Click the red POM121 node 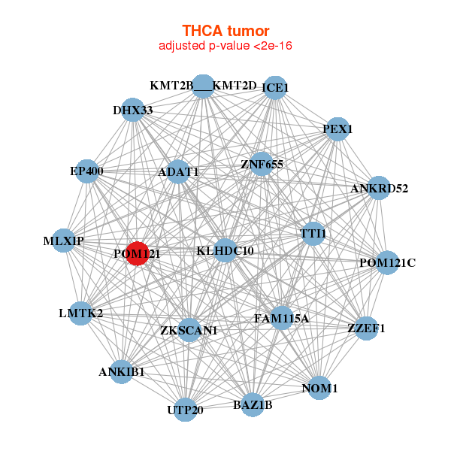tap(138, 253)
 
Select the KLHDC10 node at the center tap(225, 250)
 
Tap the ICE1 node tap(275, 88)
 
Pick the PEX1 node tap(337, 129)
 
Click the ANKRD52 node tap(379, 188)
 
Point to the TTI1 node tap(313, 234)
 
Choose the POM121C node tap(387, 262)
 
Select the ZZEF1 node tap(366, 328)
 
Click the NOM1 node tap(319, 388)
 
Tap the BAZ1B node tap(253, 404)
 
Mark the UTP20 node tap(186, 410)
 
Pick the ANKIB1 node tap(121, 371)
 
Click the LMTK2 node tap(81, 313)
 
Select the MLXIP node tap(64, 241)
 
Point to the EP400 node tap(87, 171)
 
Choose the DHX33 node tap(132, 110)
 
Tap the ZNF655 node tap(262, 164)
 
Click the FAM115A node tap(282, 318)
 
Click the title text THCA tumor tap(225, 31)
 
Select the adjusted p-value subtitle tap(225, 46)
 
